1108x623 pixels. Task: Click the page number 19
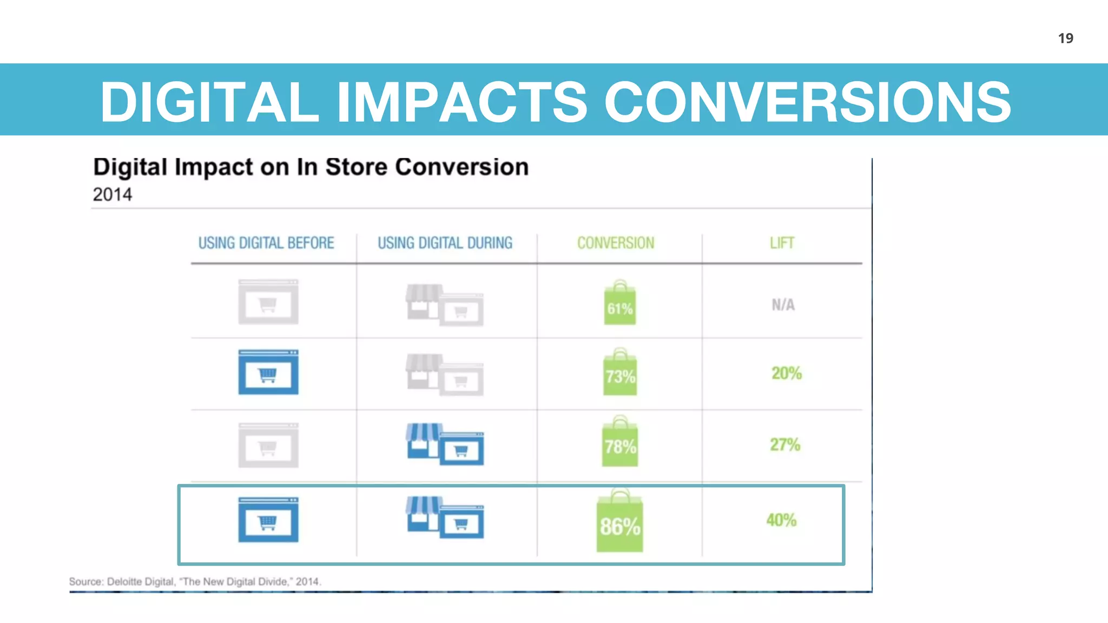1065,38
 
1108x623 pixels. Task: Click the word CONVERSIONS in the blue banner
807,102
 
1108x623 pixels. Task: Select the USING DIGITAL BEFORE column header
266,243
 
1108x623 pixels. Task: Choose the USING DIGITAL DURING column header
445,243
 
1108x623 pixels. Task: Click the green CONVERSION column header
616,243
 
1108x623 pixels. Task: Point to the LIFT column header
782,243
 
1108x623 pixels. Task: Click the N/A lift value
783,305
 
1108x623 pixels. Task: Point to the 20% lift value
786,373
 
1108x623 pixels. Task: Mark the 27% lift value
785,445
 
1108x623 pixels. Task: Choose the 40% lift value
781,520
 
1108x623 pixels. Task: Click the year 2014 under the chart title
113,195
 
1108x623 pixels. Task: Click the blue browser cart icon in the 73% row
268,373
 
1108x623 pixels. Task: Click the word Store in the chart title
356,167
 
